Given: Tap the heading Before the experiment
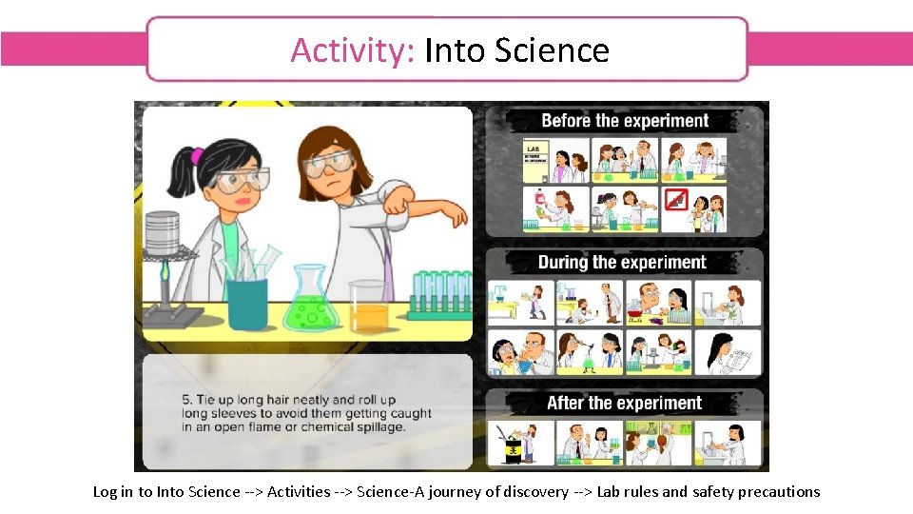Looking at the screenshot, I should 625,121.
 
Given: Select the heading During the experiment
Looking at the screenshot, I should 622,262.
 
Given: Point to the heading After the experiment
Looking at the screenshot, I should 624,403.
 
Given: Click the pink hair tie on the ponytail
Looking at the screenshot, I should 197,156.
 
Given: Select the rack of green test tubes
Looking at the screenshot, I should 439,294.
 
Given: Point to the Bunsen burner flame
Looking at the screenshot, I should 166,273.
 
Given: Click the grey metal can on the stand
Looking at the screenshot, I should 162,233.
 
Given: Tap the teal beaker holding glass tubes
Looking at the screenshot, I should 247,299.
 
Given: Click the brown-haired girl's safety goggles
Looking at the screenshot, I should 327,166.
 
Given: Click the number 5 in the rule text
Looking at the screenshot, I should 186,400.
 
